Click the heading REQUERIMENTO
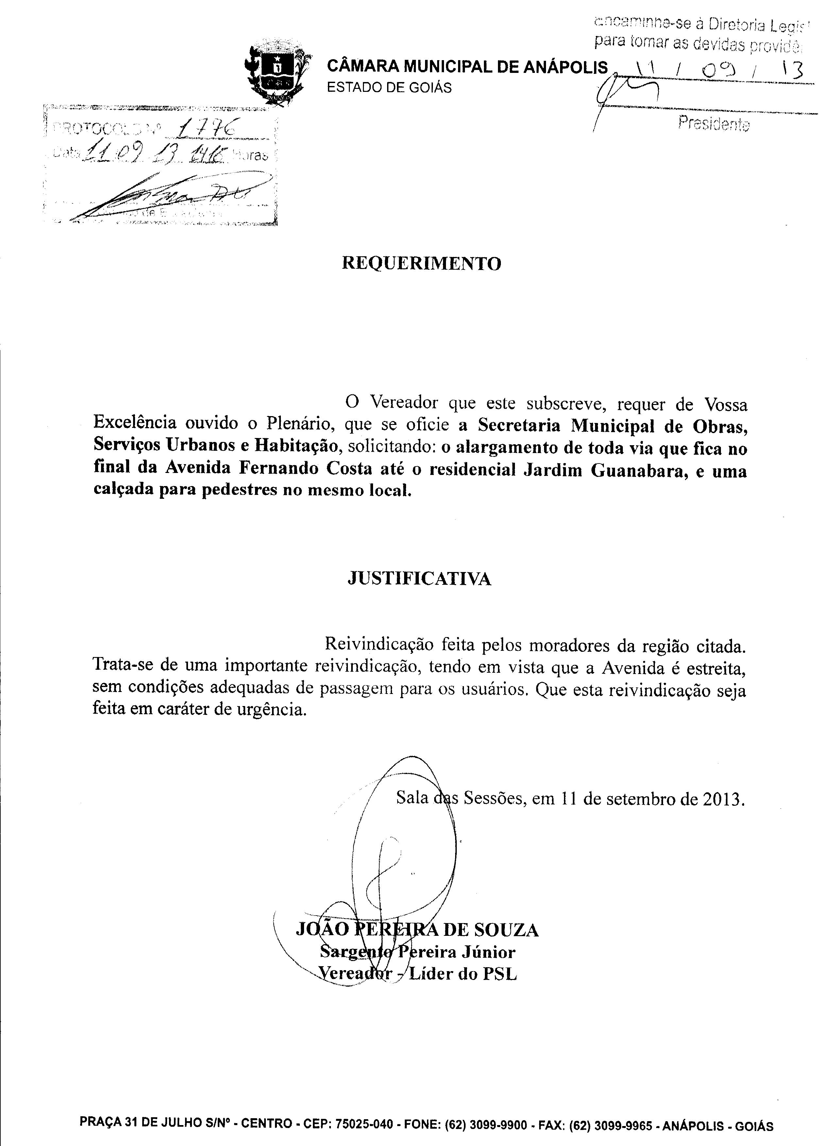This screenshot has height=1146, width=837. (421, 263)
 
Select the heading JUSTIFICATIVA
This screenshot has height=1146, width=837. (419, 579)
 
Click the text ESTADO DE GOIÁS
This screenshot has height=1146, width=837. (389, 88)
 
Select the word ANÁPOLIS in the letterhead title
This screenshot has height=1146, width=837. (565, 67)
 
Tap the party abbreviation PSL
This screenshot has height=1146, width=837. (500, 974)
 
